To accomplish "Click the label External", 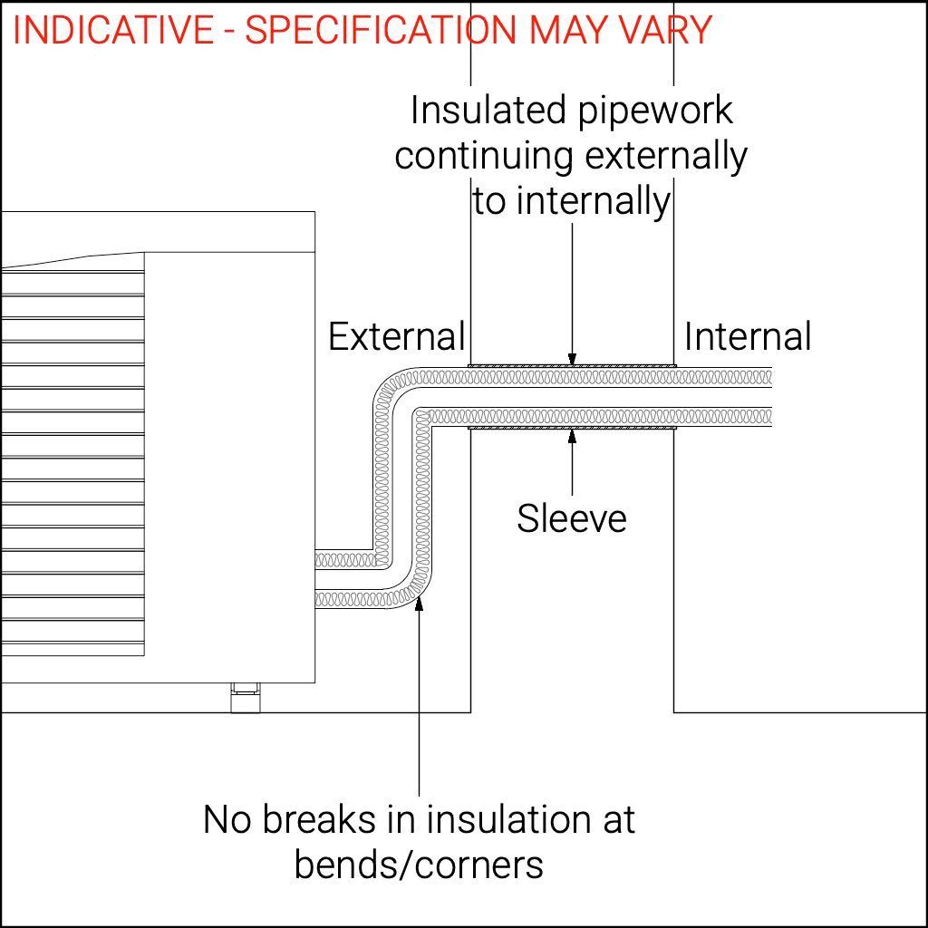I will (396, 337).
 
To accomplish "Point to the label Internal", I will (748, 337).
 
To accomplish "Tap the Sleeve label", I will (572, 519).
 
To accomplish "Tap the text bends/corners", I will (419, 865).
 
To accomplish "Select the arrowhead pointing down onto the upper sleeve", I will (572, 360).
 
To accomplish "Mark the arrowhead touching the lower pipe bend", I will (420, 604).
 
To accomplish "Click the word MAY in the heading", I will (564, 31).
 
